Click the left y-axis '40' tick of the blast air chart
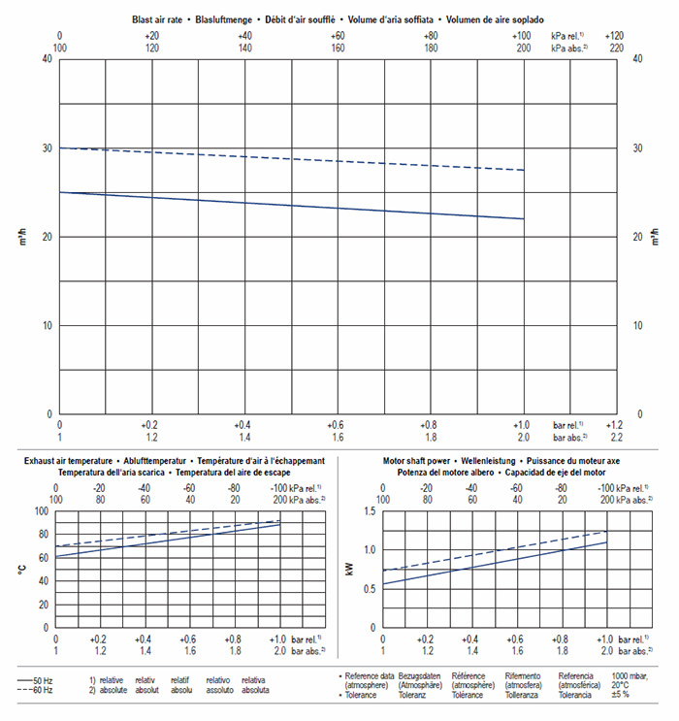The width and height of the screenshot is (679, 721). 47,59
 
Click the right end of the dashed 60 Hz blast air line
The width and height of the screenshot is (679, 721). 524,171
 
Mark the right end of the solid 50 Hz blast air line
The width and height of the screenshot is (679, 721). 524,218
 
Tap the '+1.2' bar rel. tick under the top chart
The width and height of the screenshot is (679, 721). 614,425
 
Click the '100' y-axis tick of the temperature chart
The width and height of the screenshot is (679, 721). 41,511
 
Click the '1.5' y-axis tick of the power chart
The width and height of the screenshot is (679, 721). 370,511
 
